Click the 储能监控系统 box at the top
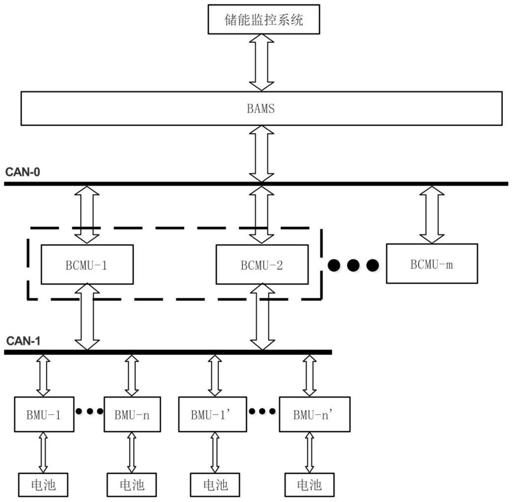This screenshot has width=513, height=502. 264,19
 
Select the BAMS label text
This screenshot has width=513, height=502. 261,108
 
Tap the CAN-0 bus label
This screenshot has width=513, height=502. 22,172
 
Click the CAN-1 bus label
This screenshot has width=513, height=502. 23,341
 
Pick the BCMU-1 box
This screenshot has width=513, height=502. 87,265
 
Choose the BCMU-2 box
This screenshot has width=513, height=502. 262,265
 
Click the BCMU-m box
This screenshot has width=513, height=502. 432,264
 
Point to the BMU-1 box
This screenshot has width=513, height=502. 44,414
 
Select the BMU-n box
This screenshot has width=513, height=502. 132,414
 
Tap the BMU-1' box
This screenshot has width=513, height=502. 212,414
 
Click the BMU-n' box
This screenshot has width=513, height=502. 314,414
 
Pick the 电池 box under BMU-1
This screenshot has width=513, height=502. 43,485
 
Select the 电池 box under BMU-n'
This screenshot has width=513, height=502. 309,485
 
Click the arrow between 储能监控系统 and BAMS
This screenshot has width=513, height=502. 262,63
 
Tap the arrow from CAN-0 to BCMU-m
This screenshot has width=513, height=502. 432,215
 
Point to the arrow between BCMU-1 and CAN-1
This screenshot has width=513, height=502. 87,317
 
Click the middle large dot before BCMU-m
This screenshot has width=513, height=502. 353,265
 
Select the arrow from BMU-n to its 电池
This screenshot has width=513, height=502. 132,453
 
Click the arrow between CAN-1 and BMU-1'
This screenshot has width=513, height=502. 215,375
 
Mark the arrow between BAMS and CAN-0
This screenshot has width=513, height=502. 262,154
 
